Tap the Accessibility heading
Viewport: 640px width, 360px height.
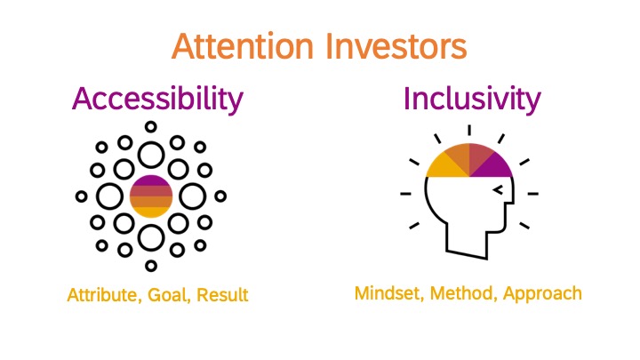(x=157, y=100)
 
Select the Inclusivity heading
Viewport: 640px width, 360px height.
(x=472, y=100)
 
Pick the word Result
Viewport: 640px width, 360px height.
(x=222, y=295)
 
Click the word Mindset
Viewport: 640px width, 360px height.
(x=389, y=293)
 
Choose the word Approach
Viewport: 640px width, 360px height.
(x=542, y=294)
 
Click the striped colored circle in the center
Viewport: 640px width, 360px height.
(x=151, y=196)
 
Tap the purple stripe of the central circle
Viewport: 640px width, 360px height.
(x=151, y=180)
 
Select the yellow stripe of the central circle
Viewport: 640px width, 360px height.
(x=151, y=212)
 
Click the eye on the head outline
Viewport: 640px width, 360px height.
(x=498, y=190)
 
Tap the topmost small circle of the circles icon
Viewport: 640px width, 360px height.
(x=151, y=127)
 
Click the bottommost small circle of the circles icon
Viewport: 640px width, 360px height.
(x=151, y=266)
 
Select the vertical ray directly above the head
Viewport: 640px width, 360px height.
(x=469, y=130)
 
